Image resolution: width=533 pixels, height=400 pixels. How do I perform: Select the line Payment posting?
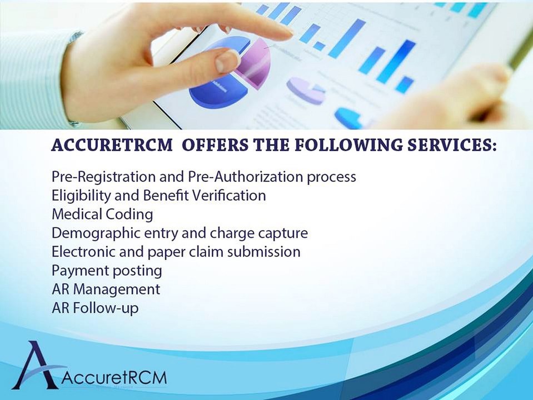click(x=107, y=271)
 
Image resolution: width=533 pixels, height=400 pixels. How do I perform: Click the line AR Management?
click(x=106, y=289)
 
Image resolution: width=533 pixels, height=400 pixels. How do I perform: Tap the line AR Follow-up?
click(x=95, y=308)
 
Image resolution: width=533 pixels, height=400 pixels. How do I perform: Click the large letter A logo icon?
click(x=34, y=364)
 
